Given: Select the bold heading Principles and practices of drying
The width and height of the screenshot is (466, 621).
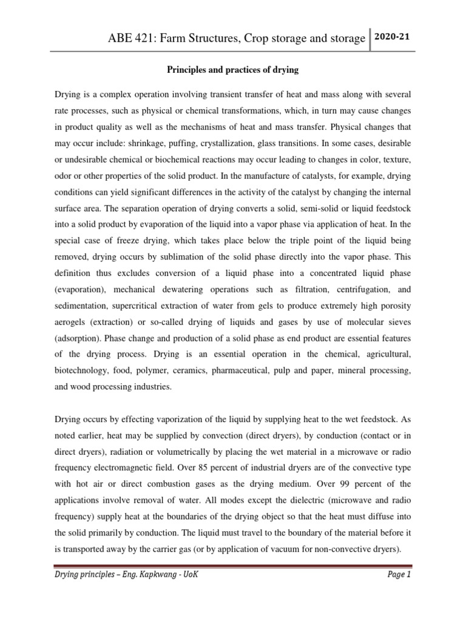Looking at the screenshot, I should pyautogui.click(x=232, y=70).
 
